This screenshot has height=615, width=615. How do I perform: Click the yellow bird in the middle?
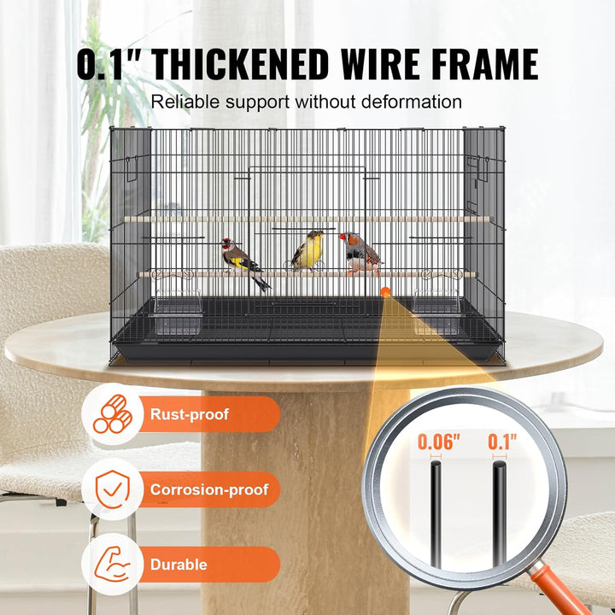pyautogui.click(x=308, y=251)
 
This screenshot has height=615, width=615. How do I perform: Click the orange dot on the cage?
pyautogui.click(x=385, y=292)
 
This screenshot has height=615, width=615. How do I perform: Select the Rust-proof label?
pyautogui.click(x=190, y=414)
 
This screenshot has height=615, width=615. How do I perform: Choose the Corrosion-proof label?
pyautogui.click(x=208, y=489)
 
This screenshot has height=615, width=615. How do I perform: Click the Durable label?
pyautogui.click(x=179, y=565)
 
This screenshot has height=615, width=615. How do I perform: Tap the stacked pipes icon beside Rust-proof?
pyautogui.click(x=112, y=414)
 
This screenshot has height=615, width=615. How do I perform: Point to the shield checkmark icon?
pyautogui.click(x=112, y=489)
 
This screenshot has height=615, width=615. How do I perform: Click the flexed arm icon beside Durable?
pyautogui.click(x=112, y=565)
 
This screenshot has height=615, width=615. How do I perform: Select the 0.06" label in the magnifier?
pyautogui.click(x=439, y=442)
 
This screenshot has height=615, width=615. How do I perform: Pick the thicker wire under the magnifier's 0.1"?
pyautogui.click(x=499, y=512)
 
